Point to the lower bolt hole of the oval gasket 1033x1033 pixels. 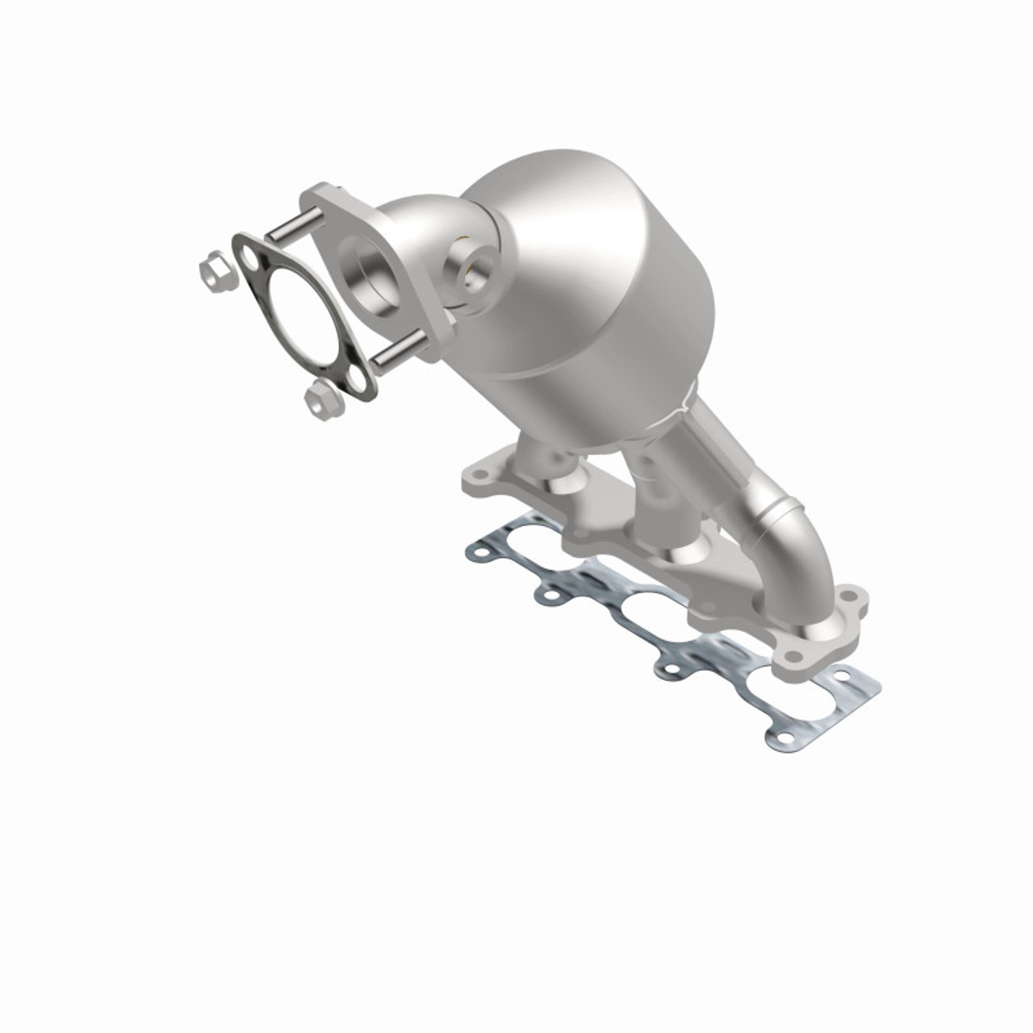click(355, 378)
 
